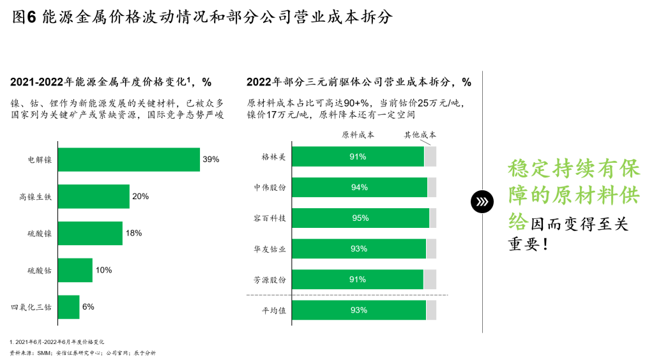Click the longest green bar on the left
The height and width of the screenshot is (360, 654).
tap(129, 160)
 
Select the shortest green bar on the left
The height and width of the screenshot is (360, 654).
tap(69, 307)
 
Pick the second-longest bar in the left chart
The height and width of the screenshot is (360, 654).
tap(94, 197)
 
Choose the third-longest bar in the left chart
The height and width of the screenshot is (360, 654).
tap(90, 234)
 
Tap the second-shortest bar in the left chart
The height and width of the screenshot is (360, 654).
tap(75, 270)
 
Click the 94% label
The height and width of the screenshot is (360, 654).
tap(360, 188)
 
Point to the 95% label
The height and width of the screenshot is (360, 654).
tap(361, 218)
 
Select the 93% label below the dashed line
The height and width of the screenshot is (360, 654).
tap(359, 310)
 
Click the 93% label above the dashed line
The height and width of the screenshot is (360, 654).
tap(359, 249)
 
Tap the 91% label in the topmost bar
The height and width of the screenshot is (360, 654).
tap(358, 157)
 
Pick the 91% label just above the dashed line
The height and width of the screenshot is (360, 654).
tap(358, 280)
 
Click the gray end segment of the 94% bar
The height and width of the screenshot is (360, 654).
tap(432, 188)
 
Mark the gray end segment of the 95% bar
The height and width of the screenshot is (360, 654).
tap(433, 218)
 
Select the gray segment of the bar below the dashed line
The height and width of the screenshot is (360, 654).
tap(431, 310)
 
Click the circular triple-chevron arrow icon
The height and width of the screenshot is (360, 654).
tap(482, 202)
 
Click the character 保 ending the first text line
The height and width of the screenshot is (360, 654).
tap(630, 169)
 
